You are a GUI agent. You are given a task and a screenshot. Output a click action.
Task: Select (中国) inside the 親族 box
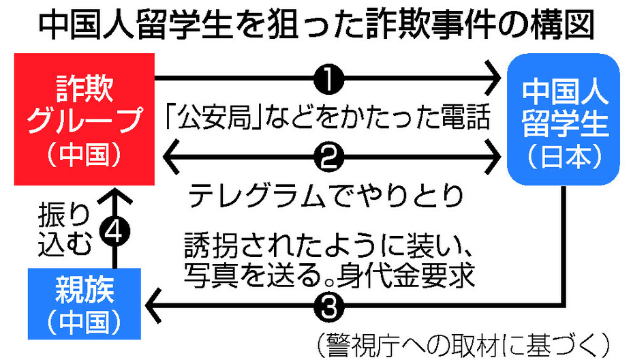click(x=84, y=320)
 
